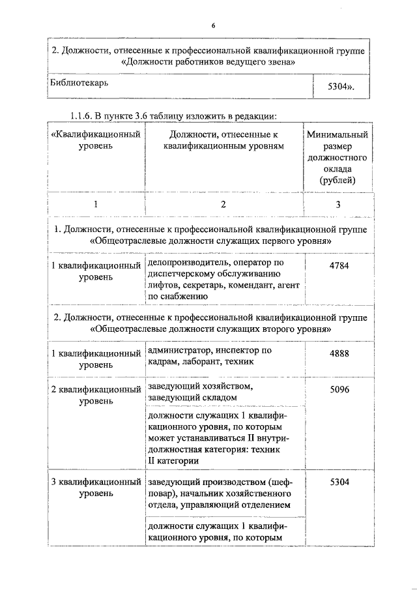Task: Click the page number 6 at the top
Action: (x=212, y=25)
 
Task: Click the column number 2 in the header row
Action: (x=223, y=205)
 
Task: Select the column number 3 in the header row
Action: (x=338, y=205)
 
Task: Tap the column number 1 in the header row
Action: (x=95, y=205)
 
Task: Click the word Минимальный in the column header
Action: (x=338, y=135)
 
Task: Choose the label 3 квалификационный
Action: (x=96, y=482)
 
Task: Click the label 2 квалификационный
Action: (x=96, y=389)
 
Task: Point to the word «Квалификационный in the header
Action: (x=95, y=135)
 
